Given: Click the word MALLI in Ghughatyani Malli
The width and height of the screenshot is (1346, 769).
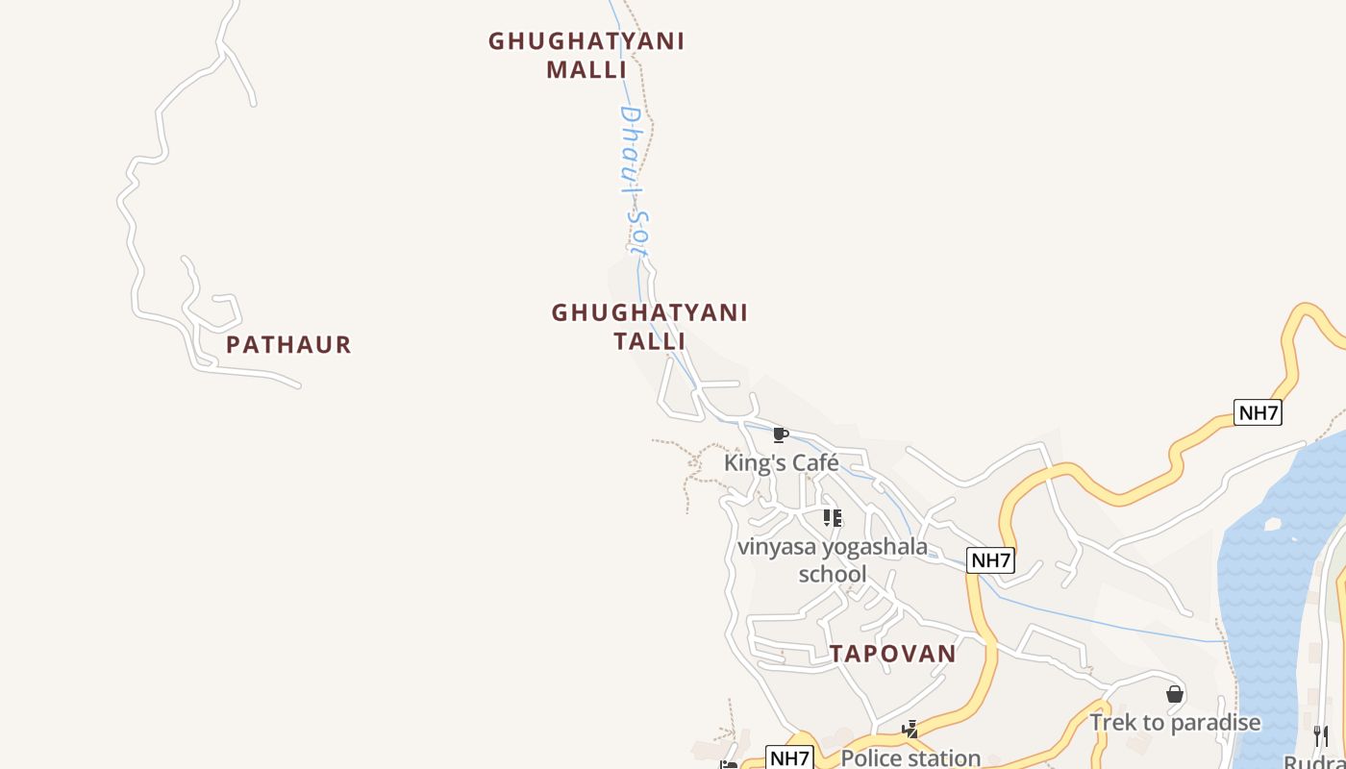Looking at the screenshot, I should pos(586,70).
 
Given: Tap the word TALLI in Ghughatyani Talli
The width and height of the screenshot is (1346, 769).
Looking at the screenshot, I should pos(650,341).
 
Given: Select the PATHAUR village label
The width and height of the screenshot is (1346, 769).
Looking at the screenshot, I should pos(288,344).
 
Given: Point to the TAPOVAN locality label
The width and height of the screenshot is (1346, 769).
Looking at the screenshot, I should pos(893,654).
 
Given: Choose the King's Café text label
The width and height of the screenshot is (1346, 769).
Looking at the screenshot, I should pos(781,462).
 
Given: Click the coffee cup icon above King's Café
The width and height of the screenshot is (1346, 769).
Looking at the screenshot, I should pos(781,435).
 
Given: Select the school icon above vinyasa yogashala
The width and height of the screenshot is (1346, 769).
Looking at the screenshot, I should pos(833,518).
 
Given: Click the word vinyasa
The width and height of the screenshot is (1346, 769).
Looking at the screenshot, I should pos(773,547).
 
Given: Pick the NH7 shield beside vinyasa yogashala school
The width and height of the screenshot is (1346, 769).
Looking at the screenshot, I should pos(990,560).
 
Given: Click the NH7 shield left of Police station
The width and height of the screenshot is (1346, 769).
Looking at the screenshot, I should pos(789,757).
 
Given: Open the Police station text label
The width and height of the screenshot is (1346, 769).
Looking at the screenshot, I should pos(910,758).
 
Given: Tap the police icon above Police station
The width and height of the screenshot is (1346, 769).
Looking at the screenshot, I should pos(910,730).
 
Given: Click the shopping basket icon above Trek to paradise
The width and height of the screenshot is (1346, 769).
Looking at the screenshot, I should pos(1174,694).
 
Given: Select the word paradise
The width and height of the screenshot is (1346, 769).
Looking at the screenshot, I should pos(1213,723).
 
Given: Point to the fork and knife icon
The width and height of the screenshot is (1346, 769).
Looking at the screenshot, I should pos(1321,736).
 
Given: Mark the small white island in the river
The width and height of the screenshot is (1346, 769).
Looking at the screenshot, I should pos(1274,525).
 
